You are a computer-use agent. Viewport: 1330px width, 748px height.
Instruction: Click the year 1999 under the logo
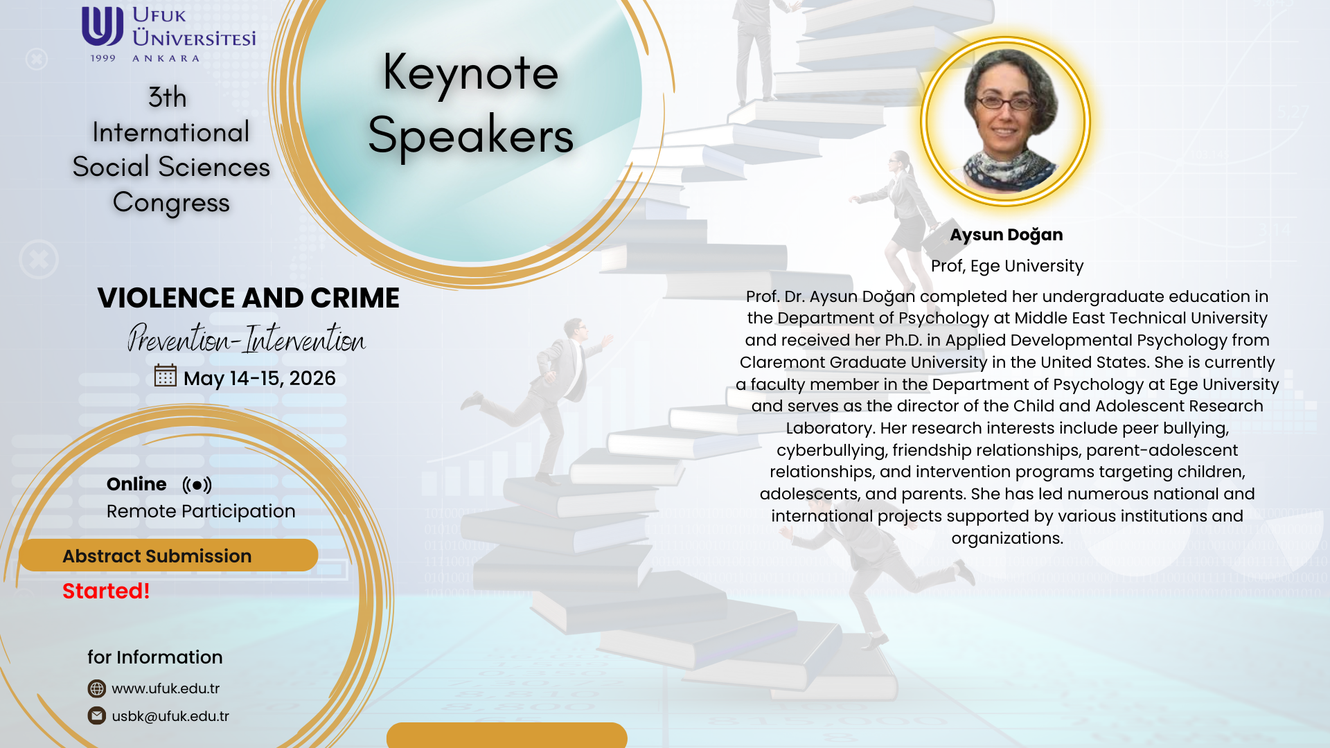coord(103,58)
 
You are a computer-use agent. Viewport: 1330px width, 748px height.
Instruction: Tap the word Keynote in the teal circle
coord(470,73)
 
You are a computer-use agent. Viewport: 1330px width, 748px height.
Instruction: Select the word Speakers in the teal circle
coord(470,135)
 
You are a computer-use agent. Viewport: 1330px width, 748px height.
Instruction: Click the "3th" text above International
coord(168,97)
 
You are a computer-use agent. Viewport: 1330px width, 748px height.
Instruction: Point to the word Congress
coord(171,203)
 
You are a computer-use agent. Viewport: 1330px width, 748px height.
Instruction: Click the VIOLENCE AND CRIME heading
coord(248,298)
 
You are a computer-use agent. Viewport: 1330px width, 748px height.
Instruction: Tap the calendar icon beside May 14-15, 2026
coord(166,375)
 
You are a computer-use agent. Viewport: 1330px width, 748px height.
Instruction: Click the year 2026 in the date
coord(312,378)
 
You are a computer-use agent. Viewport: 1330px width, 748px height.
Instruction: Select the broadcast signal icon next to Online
coord(197,485)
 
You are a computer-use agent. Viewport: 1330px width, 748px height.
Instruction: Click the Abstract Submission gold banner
coord(168,555)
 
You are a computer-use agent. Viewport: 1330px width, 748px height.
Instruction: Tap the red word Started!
coord(106,591)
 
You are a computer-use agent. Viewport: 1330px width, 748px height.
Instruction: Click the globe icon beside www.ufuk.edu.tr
coord(97,688)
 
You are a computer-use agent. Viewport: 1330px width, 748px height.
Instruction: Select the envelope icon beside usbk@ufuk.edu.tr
coord(97,715)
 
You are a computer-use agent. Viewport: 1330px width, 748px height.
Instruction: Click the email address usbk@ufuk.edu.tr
coord(170,716)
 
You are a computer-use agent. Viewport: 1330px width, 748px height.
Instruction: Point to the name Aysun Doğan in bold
coord(1007,235)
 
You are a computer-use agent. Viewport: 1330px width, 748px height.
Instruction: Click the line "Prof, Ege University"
coord(1007,266)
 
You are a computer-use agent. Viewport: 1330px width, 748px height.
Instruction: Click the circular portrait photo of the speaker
coord(1006,121)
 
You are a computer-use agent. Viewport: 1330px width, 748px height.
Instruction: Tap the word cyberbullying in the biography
coord(831,450)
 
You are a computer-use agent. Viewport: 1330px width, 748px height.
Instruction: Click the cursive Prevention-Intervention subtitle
coord(247,338)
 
